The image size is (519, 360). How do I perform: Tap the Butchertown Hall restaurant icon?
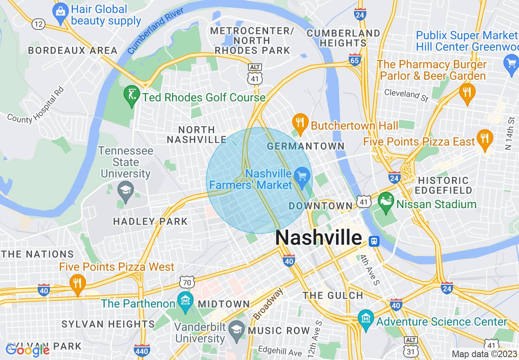300,123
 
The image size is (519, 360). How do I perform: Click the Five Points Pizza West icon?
77,282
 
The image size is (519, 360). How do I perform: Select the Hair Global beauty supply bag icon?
61,12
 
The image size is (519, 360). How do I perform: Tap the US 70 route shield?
186,281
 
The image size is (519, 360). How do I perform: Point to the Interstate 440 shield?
142,351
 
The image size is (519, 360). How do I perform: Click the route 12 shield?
38,24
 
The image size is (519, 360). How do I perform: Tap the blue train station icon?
374,241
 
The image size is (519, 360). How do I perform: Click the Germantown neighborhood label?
305,146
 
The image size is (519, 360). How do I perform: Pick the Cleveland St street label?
406,95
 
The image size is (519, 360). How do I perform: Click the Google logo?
27,350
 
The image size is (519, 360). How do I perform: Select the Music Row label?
279,331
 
